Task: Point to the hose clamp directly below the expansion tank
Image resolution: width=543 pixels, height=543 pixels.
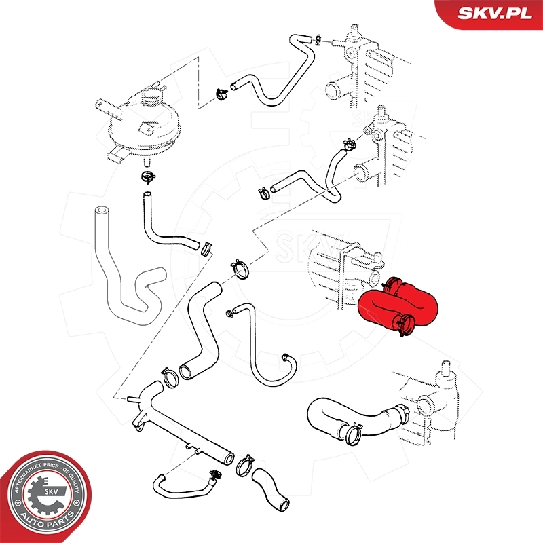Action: click(146, 179)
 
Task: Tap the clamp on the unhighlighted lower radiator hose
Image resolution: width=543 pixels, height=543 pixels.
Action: click(352, 433)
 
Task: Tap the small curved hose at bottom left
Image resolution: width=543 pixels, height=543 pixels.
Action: click(180, 482)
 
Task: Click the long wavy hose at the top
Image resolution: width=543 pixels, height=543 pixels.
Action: click(285, 75)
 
